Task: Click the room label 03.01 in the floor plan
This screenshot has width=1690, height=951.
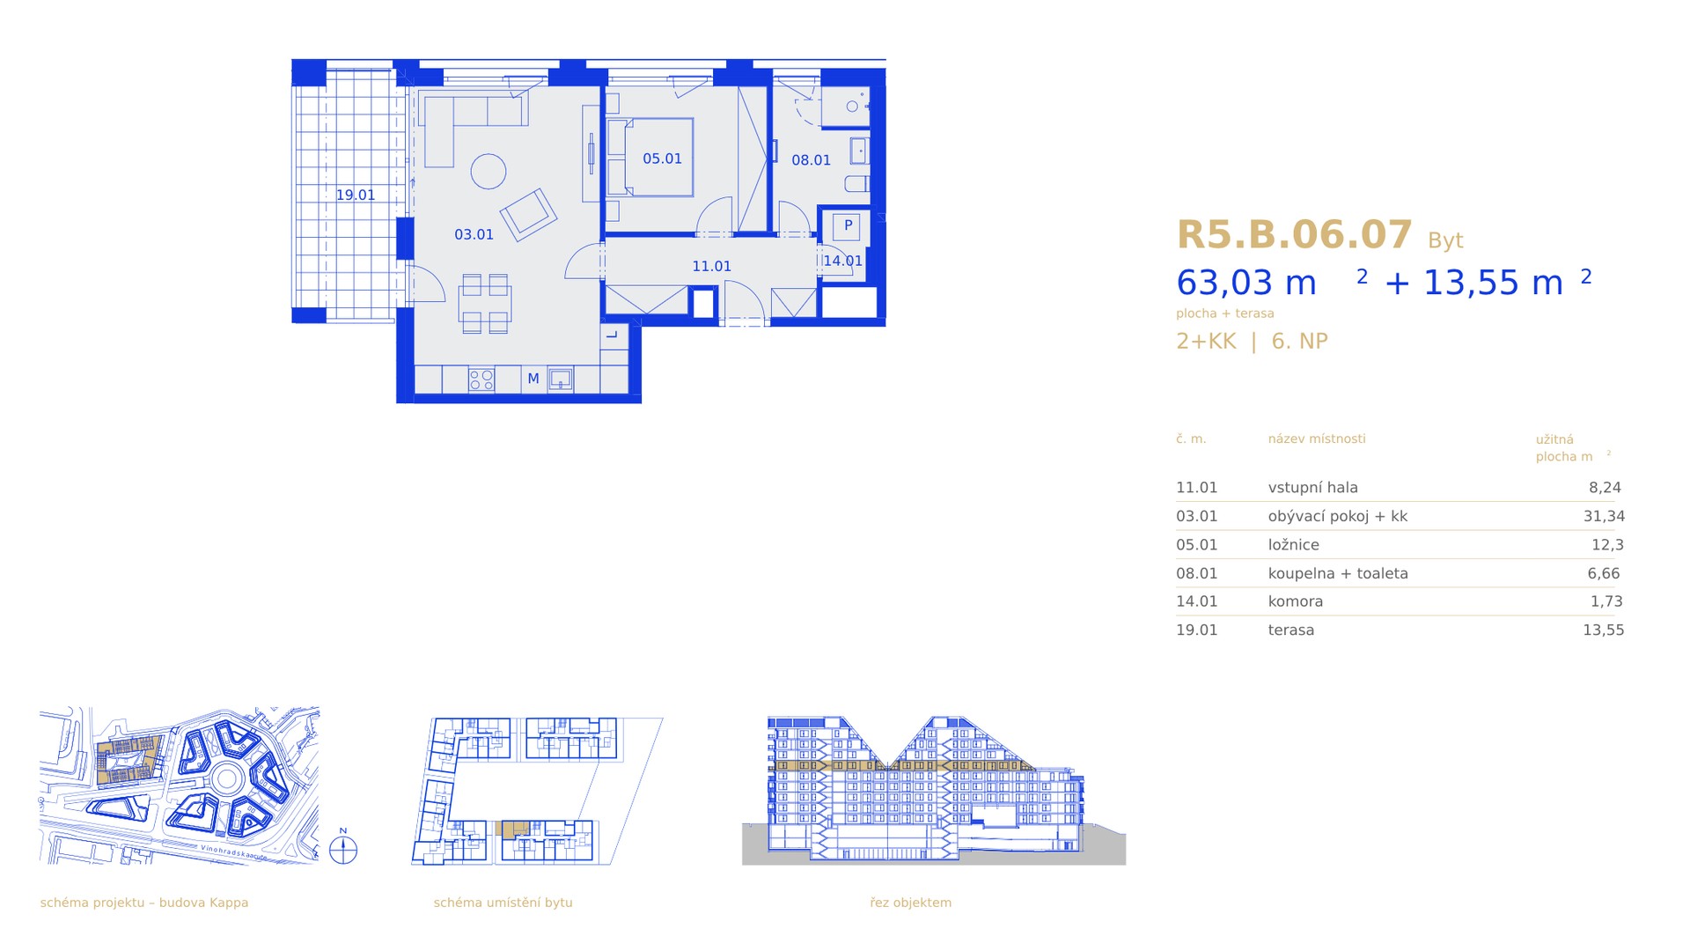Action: [474, 234]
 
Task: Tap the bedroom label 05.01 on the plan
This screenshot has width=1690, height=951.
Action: [662, 158]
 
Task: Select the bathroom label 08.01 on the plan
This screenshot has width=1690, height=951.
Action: [811, 160]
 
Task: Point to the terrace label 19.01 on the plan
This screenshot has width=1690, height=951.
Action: [356, 195]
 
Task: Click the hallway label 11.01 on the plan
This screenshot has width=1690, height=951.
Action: [711, 266]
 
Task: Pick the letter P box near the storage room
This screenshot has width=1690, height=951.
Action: [849, 225]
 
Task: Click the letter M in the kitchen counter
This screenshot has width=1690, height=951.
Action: [533, 379]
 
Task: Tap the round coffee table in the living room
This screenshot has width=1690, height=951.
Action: [488, 172]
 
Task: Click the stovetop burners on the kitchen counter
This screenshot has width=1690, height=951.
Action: [481, 380]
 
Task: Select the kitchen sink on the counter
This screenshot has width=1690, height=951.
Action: [561, 380]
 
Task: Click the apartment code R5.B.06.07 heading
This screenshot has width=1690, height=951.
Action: [1294, 235]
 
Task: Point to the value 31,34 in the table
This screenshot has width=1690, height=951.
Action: [1604, 516]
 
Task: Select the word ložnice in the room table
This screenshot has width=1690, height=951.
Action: [1294, 544]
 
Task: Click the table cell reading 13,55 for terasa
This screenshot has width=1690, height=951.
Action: [1604, 630]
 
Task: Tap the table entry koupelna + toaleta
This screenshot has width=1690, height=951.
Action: [1338, 573]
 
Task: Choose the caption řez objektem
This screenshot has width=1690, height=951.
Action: [910, 903]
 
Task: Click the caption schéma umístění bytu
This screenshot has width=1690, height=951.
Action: [503, 903]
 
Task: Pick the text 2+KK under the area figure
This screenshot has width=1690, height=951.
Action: [1206, 341]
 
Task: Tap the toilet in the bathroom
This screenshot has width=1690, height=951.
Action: [856, 184]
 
